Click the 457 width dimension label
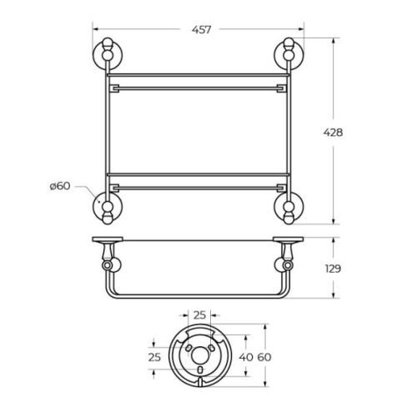202,29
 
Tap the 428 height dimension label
333,133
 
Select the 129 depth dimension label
333,269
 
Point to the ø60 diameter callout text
60,186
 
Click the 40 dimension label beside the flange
246,357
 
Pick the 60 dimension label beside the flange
264,357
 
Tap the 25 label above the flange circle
199,315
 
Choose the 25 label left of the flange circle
154,357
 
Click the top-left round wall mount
107,53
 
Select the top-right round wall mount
289,53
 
